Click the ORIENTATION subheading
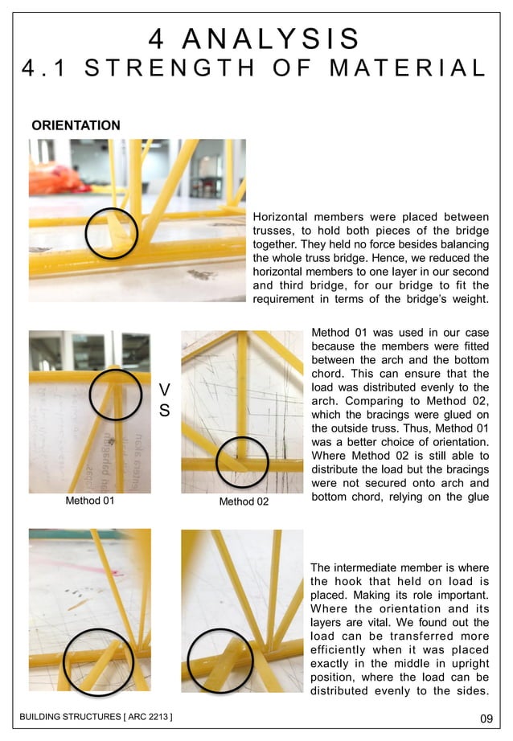(76, 125)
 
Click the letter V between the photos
(165, 390)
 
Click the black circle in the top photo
(112, 234)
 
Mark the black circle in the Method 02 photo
(243, 461)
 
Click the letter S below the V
(165, 411)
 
